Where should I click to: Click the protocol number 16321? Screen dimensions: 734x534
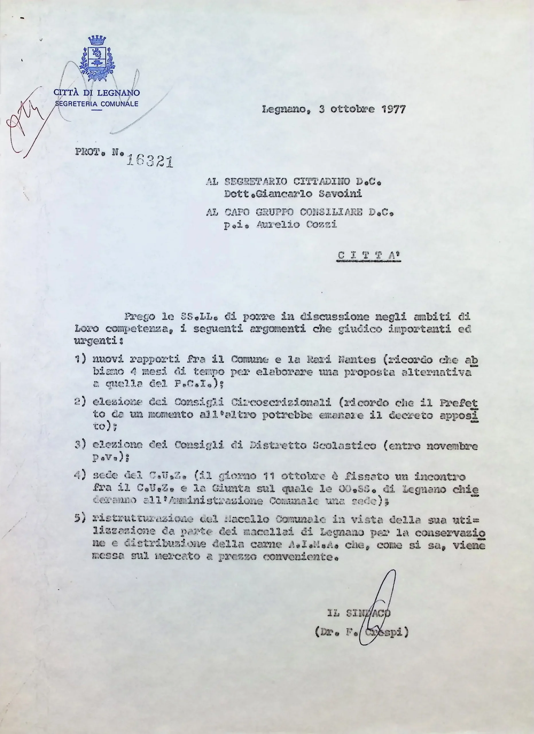tap(149, 161)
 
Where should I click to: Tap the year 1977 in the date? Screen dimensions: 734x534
tap(393, 110)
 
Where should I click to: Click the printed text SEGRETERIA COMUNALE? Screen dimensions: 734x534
tap(97, 104)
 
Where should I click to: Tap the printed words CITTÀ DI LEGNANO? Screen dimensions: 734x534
tap(97, 93)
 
